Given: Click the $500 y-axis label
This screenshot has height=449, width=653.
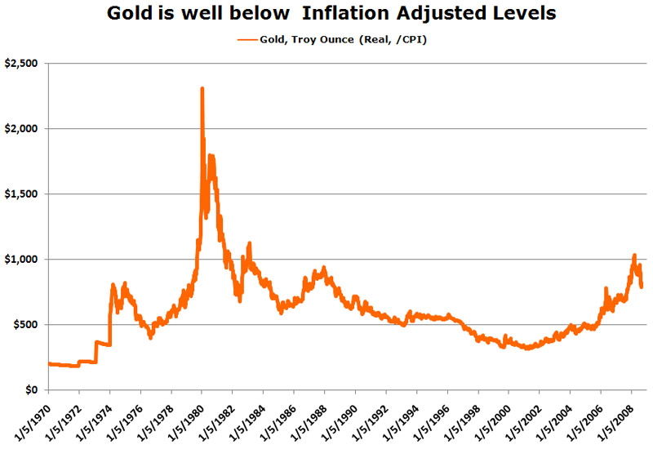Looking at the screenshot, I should (x=27, y=325).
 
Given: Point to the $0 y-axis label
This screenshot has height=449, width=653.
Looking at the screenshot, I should (x=33, y=390).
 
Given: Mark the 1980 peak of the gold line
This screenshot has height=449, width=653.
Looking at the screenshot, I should (x=202, y=88).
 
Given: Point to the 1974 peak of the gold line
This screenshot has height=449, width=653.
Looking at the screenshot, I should (x=113, y=284).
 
